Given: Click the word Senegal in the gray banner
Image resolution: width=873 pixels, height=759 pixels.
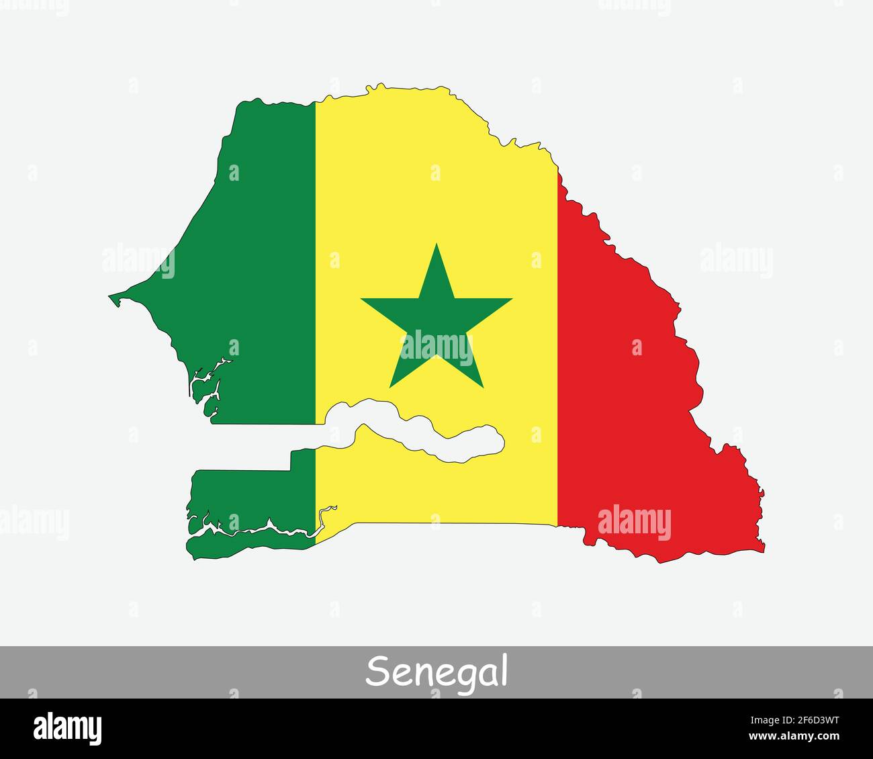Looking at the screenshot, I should point(436,671).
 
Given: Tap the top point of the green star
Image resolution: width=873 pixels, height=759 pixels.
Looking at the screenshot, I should point(436,244).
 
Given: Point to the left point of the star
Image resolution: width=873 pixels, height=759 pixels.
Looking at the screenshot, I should point(363,299).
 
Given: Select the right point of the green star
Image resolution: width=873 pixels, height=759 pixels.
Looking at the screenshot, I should point(511,299).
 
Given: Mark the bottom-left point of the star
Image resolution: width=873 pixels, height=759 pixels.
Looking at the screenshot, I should point(390,387).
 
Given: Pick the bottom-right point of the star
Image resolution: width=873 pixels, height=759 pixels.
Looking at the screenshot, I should point(482,387).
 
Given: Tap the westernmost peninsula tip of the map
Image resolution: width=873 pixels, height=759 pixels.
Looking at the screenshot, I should point(111,296).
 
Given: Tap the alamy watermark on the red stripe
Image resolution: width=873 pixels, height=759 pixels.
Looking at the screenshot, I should point(634,523).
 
